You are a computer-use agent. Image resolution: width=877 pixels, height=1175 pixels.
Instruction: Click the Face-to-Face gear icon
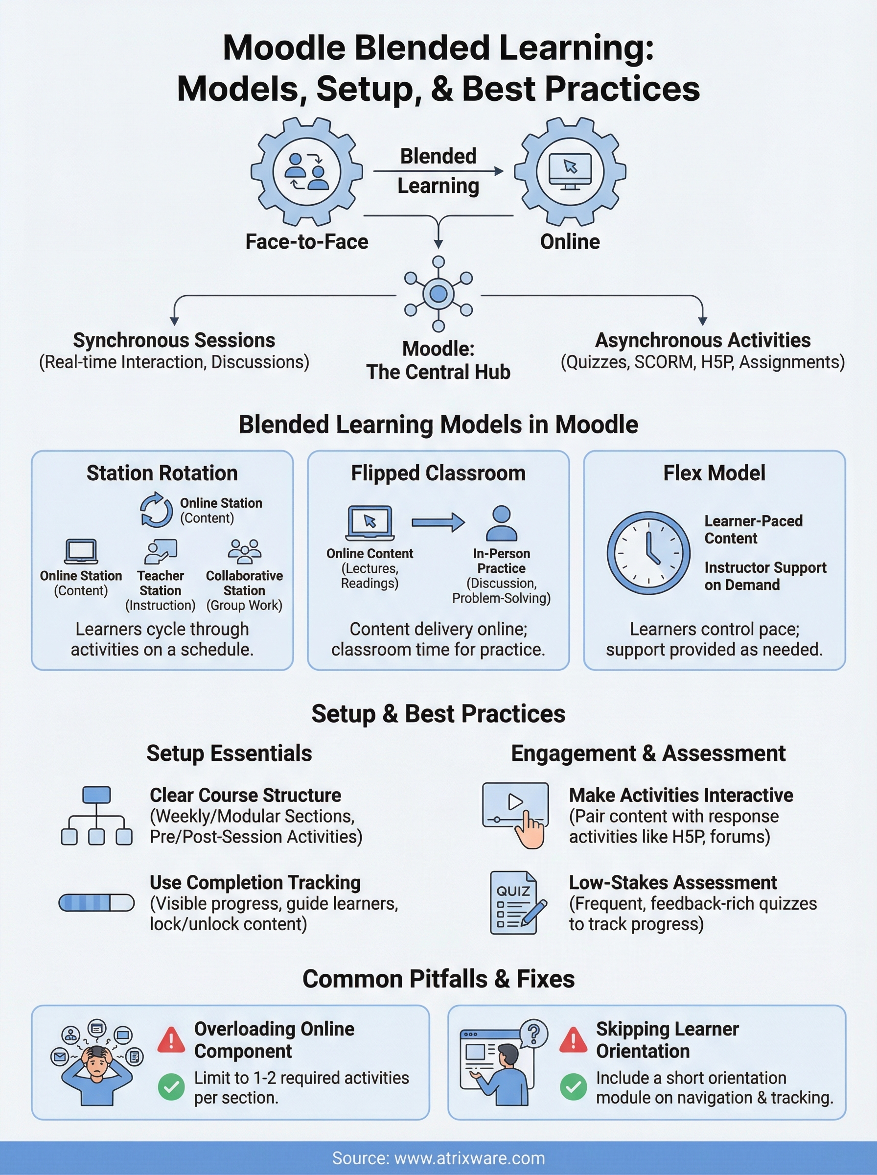pyautogui.click(x=306, y=171)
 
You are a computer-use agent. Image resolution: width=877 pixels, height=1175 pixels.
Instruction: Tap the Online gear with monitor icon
pyautogui.click(x=570, y=171)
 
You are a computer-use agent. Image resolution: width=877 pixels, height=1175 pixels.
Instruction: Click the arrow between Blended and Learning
pyautogui.click(x=438, y=171)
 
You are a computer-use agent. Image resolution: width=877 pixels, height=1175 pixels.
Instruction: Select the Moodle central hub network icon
pyautogui.click(x=438, y=294)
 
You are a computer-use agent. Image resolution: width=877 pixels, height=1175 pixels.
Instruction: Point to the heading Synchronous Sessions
pyautogui.click(x=174, y=340)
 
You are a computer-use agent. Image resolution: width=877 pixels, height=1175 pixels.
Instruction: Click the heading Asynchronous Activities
pyautogui.click(x=702, y=340)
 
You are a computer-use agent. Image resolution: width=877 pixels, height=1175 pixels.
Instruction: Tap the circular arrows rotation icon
pyautogui.click(x=156, y=510)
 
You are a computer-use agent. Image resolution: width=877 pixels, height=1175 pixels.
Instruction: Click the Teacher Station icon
pyautogui.click(x=161, y=552)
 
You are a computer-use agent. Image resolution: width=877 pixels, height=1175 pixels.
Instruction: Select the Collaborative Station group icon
pyautogui.click(x=244, y=552)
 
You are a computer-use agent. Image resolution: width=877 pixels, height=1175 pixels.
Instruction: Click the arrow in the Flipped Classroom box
pyautogui.click(x=438, y=522)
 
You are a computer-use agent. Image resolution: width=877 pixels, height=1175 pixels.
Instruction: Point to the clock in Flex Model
pyautogui.click(x=648, y=553)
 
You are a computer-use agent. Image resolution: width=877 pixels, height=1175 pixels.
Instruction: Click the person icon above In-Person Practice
pyautogui.click(x=501, y=523)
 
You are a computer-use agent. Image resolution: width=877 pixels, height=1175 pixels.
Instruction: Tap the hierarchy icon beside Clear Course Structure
pyautogui.click(x=96, y=816)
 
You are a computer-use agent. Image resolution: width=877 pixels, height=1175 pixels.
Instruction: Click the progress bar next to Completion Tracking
pyautogui.click(x=96, y=903)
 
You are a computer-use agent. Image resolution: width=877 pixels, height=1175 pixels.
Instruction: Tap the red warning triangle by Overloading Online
pyautogui.click(x=171, y=1039)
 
